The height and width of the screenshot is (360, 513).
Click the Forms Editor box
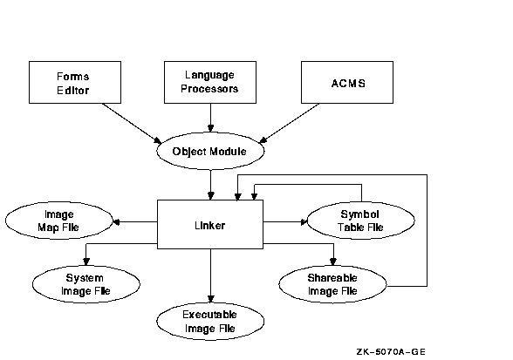(75, 83)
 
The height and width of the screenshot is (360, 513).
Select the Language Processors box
(210, 83)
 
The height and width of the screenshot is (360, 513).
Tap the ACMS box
(347, 83)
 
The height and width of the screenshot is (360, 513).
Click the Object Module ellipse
(210, 151)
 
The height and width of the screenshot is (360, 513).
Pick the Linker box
(210, 225)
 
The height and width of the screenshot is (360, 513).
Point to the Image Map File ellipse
(59, 221)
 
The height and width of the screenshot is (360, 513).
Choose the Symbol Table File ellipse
(361, 221)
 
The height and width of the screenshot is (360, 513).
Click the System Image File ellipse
(86, 284)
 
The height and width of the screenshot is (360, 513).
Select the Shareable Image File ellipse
(332, 284)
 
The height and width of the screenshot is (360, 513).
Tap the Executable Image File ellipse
(210, 321)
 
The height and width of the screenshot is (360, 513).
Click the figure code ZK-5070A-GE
(391, 352)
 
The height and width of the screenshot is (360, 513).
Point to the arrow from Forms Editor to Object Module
(132, 123)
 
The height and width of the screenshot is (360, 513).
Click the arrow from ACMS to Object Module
(290, 123)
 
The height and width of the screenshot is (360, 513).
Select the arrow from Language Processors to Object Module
(211, 118)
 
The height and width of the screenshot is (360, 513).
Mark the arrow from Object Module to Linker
(211, 185)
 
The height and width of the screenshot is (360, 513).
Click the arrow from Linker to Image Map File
(135, 222)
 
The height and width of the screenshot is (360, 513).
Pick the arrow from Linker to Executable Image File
(211, 276)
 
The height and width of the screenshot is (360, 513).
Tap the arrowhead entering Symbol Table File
(304, 222)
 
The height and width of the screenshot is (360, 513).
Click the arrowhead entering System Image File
(86, 262)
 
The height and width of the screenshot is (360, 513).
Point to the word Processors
(209, 89)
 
